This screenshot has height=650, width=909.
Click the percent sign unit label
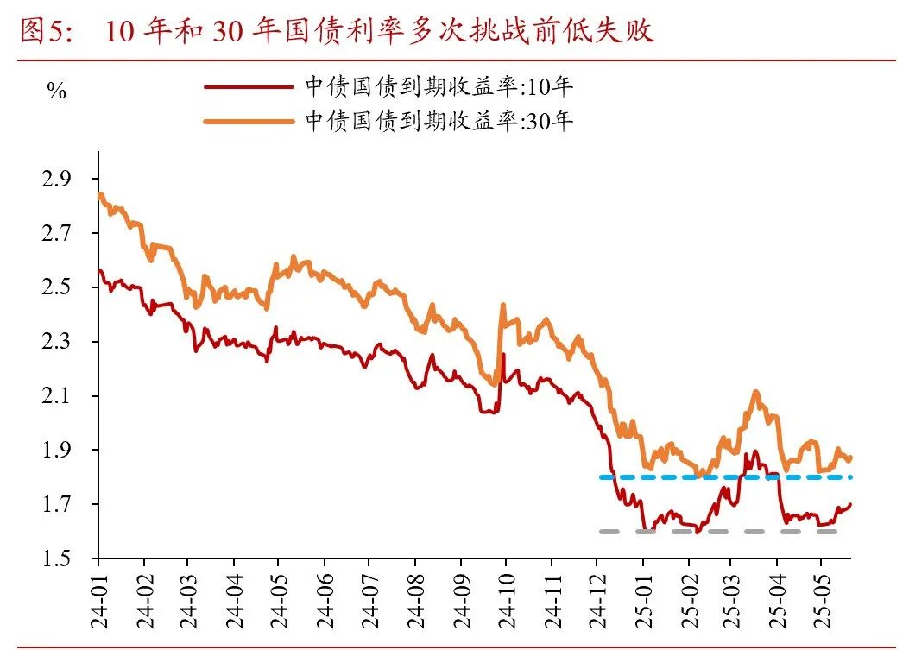[x=56, y=92]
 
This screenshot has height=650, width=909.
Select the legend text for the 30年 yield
[x=439, y=121]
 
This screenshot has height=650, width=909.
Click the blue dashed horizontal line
[x=725, y=476]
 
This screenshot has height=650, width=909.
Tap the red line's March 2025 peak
[x=755, y=451]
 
